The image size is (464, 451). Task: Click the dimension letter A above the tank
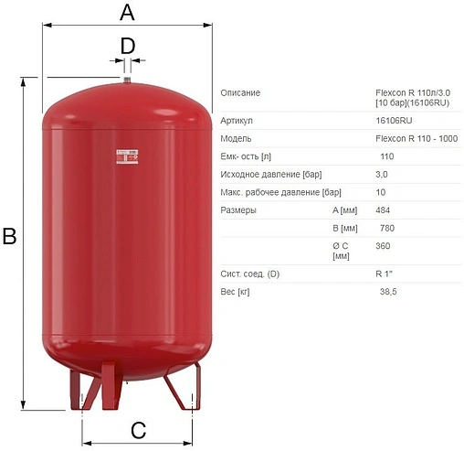click(127, 13)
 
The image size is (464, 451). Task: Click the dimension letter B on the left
click(10, 236)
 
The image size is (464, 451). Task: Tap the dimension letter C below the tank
click(138, 431)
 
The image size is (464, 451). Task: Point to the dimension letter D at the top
click(128, 45)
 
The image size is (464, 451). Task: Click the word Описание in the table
click(240, 93)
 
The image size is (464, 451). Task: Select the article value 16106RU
click(393, 120)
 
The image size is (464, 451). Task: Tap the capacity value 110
click(387, 156)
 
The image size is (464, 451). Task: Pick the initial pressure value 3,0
click(382, 174)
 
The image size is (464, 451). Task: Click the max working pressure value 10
click(381, 192)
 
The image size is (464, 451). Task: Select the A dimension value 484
click(383, 209)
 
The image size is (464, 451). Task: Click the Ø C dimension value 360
click(383, 245)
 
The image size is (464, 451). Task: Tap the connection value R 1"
click(384, 273)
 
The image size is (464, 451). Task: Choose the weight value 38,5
click(388, 291)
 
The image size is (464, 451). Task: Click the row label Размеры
click(239, 210)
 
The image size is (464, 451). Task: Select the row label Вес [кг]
click(237, 291)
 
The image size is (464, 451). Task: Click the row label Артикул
click(237, 121)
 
